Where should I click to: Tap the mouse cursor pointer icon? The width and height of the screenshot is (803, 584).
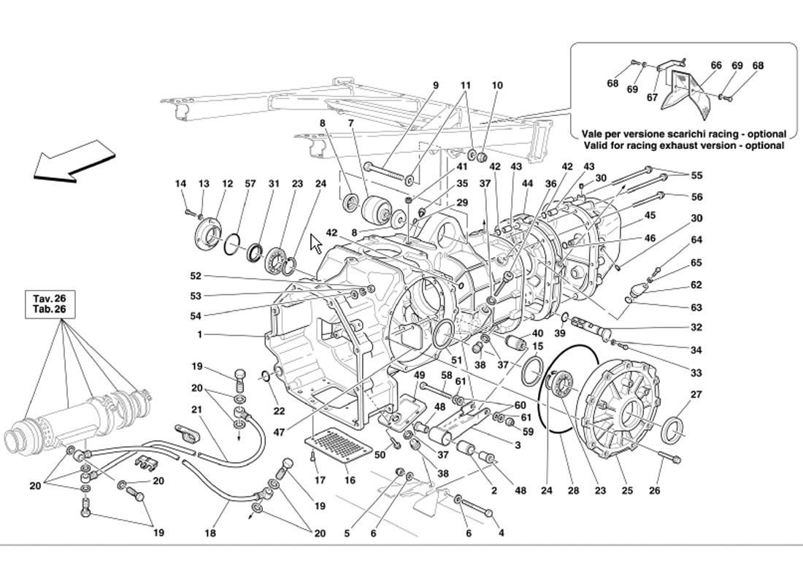click(x=316, y=243)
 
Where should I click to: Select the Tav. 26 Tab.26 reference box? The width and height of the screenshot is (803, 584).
click(x=49, y=304)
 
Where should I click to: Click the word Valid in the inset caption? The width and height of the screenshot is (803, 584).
click(x=598, y=145)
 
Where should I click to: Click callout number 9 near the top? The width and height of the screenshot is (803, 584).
click(x=436, y=85)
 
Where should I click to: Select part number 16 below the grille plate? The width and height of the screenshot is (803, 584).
click(x=350, y=480)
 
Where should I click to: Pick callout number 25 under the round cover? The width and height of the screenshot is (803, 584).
click(x=627, y=491)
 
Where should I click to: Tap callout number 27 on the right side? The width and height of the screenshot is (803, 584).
click(x=696, y=395)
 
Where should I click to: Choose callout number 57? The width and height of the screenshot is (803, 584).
click(x=250, y=184)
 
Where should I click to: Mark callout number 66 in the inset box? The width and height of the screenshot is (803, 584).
click(x=716, y=66)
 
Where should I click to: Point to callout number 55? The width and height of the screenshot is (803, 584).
click(x=696, y=175)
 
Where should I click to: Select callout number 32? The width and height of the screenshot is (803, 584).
click(x=696, y=328)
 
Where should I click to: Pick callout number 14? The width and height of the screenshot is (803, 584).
click(x=181, y=184)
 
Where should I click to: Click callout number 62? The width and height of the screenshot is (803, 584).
click(x=696, y=285)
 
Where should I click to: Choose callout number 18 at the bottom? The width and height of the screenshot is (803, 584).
click(x=210, y=534)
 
